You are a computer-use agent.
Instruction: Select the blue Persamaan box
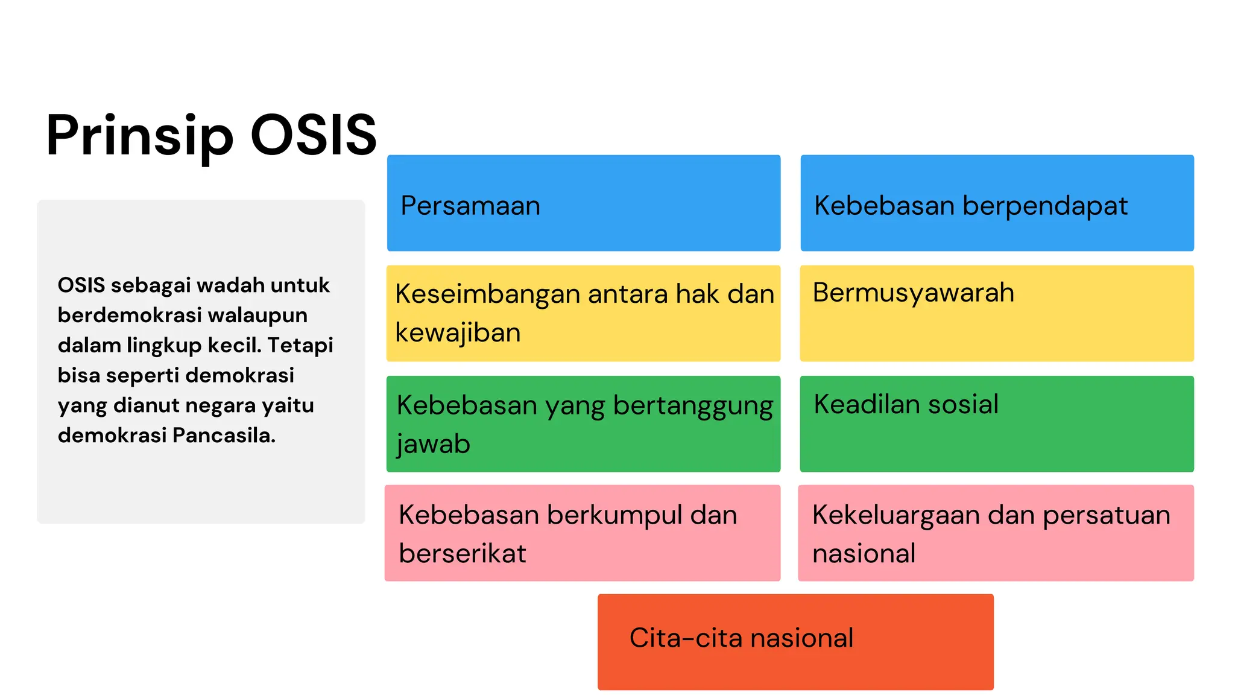click(583, 203)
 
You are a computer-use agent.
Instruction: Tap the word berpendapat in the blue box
click(1044, 206)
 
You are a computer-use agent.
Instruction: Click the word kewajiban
click(458, 333)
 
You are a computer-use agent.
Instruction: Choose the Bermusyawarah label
click(913, 293)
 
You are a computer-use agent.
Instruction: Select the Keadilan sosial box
click(996, 424)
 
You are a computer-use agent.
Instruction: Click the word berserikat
click(463, 554)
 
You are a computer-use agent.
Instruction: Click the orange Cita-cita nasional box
click(795, 641)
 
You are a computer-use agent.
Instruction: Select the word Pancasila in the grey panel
click(224, 435)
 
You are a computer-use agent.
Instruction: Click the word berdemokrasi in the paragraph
click(130, 315)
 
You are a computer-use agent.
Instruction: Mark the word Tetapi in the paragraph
click(300, 345)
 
